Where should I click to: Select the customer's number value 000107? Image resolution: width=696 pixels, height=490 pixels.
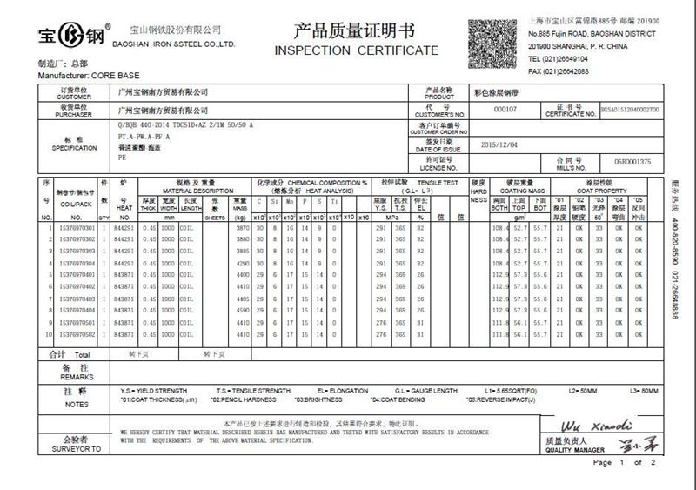pos(505,110)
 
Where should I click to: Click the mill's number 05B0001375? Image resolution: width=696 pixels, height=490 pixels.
pos(632,162)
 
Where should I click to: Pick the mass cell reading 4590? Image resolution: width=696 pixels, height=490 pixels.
pos(240,309)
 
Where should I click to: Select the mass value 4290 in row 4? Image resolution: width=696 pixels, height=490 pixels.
pos(240,263)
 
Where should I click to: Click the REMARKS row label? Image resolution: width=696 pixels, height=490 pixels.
pos(77,377)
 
